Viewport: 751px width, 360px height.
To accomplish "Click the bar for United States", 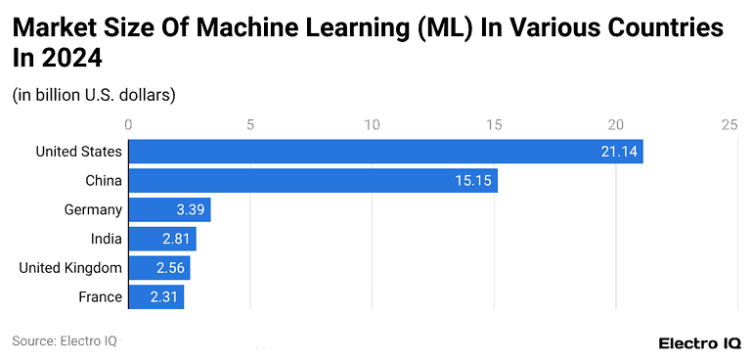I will coord(385,152).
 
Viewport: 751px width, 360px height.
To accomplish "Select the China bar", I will coord(313,181).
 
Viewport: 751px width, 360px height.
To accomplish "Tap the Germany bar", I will coord(169,210).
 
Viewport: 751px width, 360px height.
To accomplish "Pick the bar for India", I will coord(162,239).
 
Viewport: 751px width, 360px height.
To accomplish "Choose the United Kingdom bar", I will coord(159,268).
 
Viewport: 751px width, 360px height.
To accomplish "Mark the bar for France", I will coord(156,296).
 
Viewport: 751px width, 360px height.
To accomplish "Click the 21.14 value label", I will coord(618,152).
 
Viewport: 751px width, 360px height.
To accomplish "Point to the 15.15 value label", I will coord(473,181).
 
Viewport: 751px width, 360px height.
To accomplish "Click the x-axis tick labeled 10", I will coord(373,124).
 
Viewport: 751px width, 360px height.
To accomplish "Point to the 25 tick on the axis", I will coord(729,124).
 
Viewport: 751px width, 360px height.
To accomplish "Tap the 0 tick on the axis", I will coord(128,124).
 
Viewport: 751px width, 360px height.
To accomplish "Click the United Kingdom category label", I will coord(70,268).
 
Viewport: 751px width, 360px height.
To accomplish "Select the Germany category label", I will coord(93,210).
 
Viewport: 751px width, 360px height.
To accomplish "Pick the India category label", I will coord(107,239).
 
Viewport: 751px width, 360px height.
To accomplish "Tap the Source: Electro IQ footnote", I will coord(65,341).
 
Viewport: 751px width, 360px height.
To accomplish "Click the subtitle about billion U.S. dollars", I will coord(94,95).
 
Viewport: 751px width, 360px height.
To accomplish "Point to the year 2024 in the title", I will coord(70,59).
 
